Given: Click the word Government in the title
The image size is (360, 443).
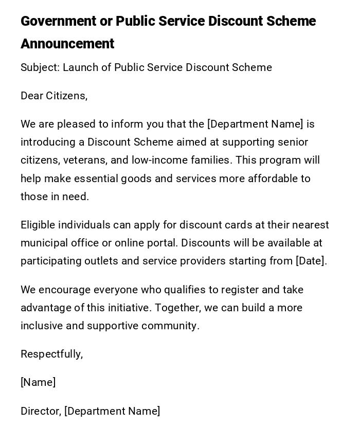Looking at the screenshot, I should coord(59,22).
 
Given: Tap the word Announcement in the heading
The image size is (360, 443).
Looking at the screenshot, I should coord(67,44).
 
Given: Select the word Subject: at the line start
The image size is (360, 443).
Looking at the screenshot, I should coord(40,67).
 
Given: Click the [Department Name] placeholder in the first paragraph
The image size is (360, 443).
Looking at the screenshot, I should coord(255,124).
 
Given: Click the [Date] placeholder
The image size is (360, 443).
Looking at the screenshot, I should coord(311,261).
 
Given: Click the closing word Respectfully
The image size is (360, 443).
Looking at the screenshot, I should coord(51,354).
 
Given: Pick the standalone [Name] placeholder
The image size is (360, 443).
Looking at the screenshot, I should coord(38,382).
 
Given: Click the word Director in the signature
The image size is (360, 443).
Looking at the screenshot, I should coord(41,411).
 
